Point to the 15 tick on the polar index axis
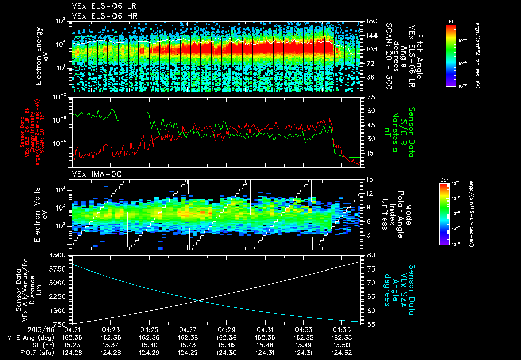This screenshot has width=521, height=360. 370,179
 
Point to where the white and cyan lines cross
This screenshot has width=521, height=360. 199,300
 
